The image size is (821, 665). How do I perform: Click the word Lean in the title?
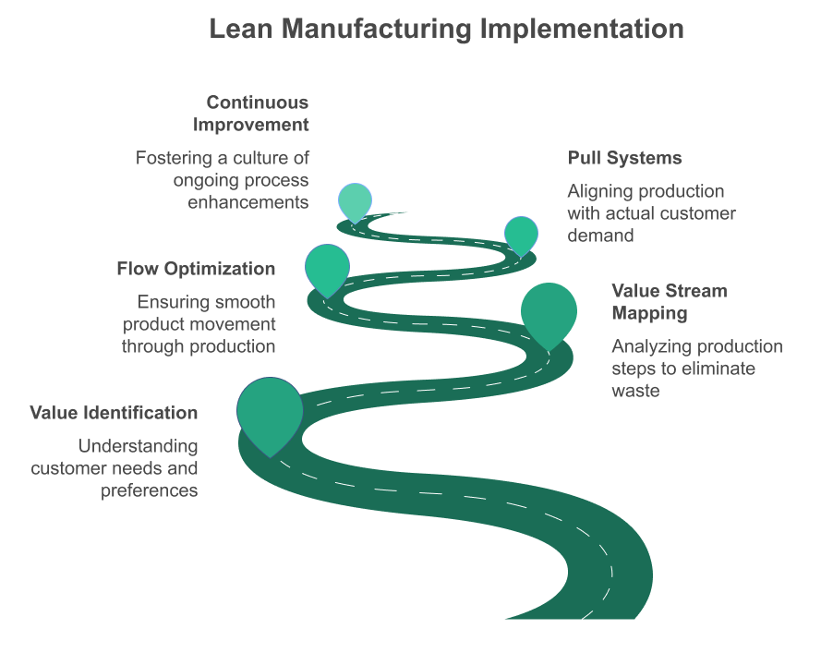tap(241, 29)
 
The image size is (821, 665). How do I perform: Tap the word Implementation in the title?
tap(582, 30)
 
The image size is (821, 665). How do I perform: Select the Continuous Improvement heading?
tap(251, 114)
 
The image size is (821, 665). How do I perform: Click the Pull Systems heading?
tap(624, 158)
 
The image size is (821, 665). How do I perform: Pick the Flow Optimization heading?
tap(196, 269)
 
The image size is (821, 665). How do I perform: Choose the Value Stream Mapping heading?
tap(670, 302)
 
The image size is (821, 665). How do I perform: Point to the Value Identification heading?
tap(114, 413)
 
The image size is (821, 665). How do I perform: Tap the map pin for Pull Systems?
tap(521, 236)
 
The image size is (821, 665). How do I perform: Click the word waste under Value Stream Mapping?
tap(635, 391)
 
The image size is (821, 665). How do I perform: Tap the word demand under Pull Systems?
tap(600, 236)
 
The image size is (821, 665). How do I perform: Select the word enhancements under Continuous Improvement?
tap(248, 202)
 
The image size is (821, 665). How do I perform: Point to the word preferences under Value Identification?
tap(150, 491)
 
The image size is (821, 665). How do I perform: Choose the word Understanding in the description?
tap(139, 447)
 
